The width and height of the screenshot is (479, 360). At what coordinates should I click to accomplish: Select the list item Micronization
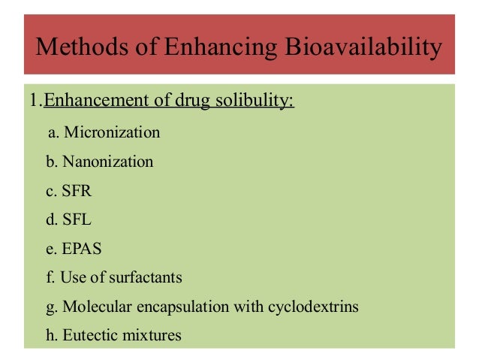coord(113,133)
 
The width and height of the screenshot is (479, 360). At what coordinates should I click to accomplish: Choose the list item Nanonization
coord(108,162)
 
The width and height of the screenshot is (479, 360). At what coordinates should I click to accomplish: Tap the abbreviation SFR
coord(77,191)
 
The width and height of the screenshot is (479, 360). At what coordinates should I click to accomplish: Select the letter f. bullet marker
coord(51,278)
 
